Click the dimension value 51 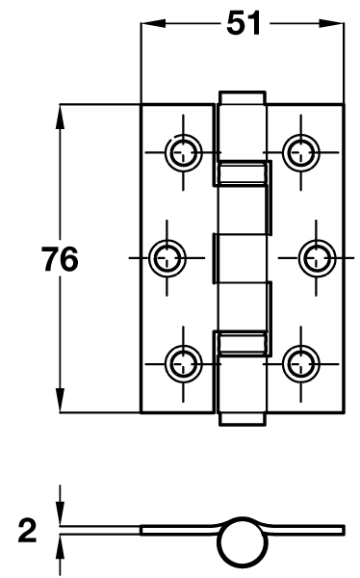pos(243,26)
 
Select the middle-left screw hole pos(167,256)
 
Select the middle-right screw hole pos(315,256)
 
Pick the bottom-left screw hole pos(182,362)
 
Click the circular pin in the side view pos(241,546)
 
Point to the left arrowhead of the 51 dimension pos(149,26)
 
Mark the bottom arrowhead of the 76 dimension pos(61,407)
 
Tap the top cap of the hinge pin pos(242,98)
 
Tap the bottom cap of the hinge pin pos(242,416)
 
